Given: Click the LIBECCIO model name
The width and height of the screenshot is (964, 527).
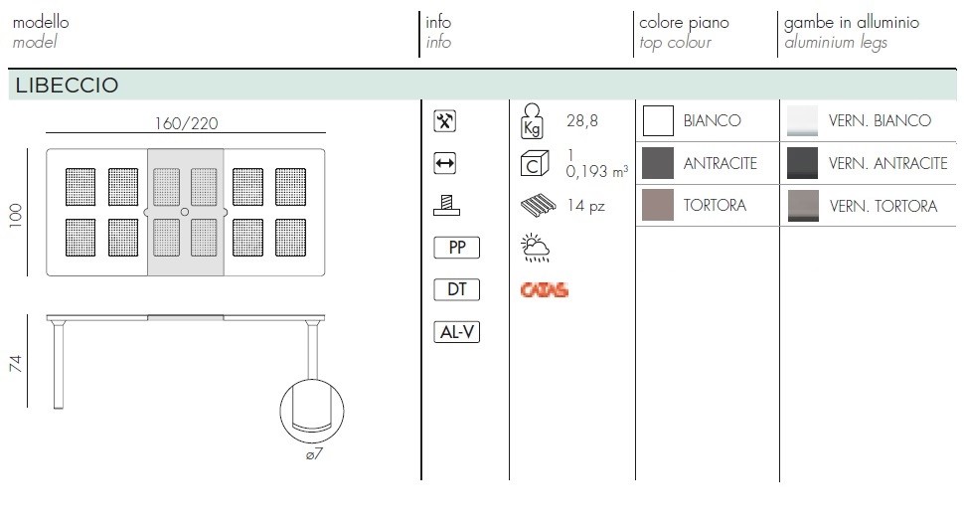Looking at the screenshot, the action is coord(67,86).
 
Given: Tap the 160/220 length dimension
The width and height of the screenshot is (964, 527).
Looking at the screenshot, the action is coord(186,123).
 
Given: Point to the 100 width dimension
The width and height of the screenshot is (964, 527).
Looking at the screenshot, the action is coord(15,216).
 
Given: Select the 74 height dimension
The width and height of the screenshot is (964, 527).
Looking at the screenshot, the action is coord(15,363).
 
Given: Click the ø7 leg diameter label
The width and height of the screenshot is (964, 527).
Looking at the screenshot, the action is coord(313,454).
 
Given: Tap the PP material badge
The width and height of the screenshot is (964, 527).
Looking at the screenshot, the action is coord(457,248).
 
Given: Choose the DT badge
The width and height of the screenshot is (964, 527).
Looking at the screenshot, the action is coord(457,289).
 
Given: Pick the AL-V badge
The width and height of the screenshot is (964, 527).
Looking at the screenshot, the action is coord(457,332).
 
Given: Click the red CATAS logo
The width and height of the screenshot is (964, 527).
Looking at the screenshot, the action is coord(544,289).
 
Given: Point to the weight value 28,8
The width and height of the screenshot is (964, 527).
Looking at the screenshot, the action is coord(582,120).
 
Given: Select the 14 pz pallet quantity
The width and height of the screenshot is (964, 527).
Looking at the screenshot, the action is coord(586,206).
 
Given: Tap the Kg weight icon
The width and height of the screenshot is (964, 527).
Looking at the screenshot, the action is coord(532,120).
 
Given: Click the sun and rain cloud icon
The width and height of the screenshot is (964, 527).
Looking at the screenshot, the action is coord(535,248).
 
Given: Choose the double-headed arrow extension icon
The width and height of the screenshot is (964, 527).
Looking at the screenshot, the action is coord(444,164).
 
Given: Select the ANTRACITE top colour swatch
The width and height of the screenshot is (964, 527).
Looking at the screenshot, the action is coord(658,163).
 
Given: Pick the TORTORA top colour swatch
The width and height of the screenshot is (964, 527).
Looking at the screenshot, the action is coord(658,205).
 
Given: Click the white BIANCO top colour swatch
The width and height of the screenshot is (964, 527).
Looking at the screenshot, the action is coord(658,120).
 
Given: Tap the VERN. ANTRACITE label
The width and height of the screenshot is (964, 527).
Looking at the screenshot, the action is coord(887,164).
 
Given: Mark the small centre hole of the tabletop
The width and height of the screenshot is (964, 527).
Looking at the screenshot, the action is coord(185,212).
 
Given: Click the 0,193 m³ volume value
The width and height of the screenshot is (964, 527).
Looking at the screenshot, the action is coord(597,172).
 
